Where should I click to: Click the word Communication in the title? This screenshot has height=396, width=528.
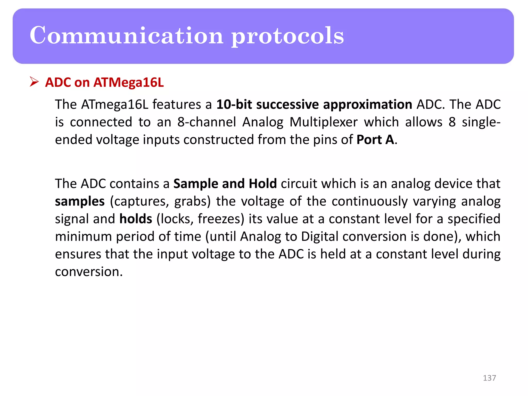point(126,36)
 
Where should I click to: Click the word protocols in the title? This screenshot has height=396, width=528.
point(287,36)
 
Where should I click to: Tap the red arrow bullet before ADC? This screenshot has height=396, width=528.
point(34,82)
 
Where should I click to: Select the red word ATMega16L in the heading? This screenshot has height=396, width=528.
point(128,82)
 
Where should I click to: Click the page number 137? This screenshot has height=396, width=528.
point(489,378)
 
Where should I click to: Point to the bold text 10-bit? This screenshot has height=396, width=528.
point(234,105)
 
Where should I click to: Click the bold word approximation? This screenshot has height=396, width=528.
point(367,105)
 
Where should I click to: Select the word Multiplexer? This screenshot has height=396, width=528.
point(324,122)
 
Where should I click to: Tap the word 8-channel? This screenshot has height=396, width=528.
point(207,122)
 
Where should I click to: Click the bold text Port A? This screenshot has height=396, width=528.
point(375,140)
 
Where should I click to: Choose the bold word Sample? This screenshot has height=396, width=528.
point(196,184)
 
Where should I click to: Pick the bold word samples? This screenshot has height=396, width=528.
point(80,201)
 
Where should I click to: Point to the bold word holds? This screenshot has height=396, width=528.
point(136,219)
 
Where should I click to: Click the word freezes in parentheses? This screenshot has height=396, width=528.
point(221,219)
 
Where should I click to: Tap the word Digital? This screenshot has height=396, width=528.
point(319,236)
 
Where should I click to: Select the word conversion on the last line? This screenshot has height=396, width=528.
point(88,272)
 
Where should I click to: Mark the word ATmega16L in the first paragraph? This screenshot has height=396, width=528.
point(114,105)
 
